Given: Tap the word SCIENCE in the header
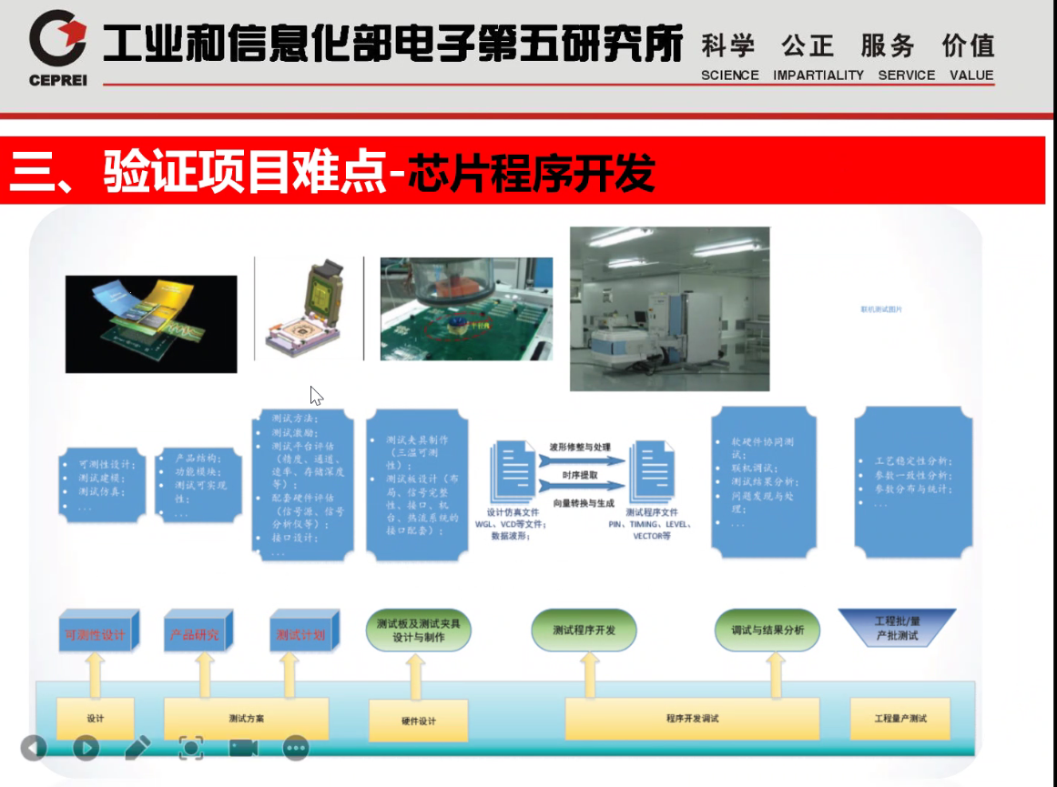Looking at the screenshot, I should (x=729, y=76).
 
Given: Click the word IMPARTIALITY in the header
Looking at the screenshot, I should (x=818, y=76).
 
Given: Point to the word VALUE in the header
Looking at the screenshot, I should (x=971, y=76).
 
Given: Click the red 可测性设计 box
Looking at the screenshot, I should (x=96, y=633).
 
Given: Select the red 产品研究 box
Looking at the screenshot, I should (x=196, y=633).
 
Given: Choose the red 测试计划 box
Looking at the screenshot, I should (x=301, y=633).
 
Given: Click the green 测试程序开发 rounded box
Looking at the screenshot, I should (x=584, y=631).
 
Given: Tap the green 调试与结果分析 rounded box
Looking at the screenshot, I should (x=767, y=631).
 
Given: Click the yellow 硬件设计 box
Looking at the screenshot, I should (x=419, y=721).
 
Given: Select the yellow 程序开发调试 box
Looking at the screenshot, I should (x=691, y=719).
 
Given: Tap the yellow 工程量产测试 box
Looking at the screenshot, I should (x=899, y=719).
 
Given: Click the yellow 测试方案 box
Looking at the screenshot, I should (x=246, y=719).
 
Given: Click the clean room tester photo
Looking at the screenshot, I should (x=669, y=308).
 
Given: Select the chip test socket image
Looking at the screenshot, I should (x=310, y=308).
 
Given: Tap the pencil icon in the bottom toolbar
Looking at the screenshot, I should (x=137, y=748).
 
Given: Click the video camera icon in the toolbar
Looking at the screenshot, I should (x=243, y=748).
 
